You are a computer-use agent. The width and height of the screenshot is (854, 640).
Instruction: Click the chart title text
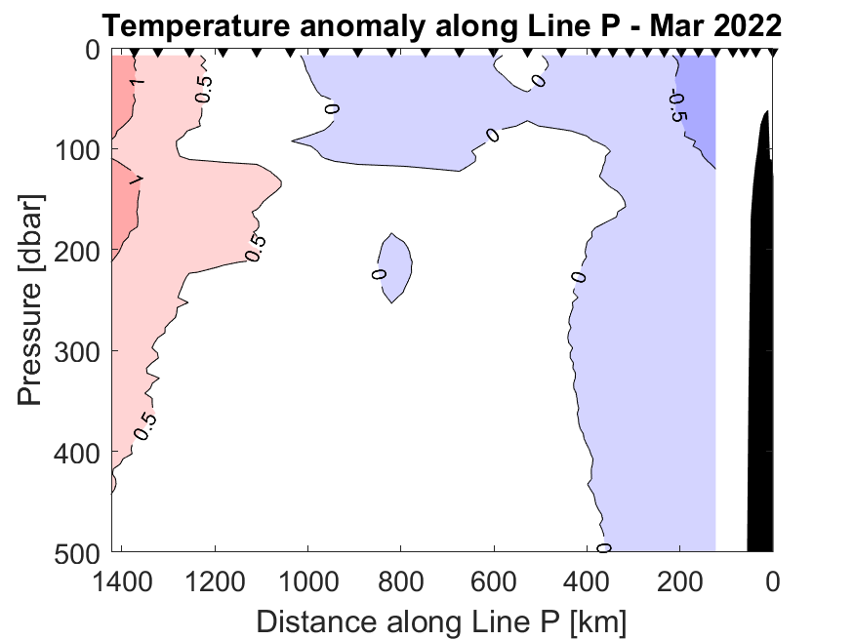click(x=441, y=24)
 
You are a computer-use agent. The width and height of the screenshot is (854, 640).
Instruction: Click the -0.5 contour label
click(x=676, y=105)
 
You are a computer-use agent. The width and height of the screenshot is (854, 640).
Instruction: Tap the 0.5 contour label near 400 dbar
click(x=145, y=425)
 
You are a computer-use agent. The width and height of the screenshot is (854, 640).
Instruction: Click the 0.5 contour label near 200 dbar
click(x=255, y=249)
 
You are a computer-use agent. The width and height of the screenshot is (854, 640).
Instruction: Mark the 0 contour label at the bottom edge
click(x=604, y=548)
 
